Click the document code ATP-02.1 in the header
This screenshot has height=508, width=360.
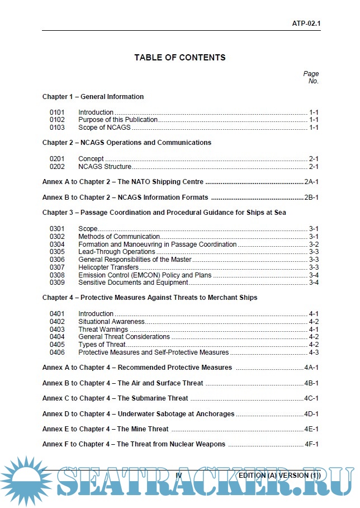click(x=306, y=24)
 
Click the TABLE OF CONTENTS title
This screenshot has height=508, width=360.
click(x=180, y=58)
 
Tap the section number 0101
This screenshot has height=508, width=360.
click(x=57, y=112)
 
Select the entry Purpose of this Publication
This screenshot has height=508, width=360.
click(x=118, y=120)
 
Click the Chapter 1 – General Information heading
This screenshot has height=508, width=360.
click(x=93, y=97)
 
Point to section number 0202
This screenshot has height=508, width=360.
click(x=57, y=167)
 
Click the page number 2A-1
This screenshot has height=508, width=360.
click(x=311, y=182)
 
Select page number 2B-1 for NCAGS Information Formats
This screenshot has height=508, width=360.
click(x=311, y=197)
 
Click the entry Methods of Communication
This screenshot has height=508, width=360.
click(x=120, y=237)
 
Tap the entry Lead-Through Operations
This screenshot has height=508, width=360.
click(x=109, y=252)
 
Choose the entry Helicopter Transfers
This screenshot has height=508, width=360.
click(x=104, y=267)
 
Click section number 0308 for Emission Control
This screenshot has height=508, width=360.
click(x=57, y=275)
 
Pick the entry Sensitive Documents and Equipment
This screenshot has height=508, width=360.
click(x=133, y=283)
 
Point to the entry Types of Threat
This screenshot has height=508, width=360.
click(x=102, y=345)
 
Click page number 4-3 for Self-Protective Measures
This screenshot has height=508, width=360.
click(x=314, y=352)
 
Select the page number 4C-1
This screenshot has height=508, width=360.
click(x=311, y=398)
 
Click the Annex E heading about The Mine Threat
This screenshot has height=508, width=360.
click(x=106, y=429)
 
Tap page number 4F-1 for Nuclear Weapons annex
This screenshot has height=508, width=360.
click(x=311, y=444)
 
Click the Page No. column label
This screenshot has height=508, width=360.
click(x=311, y=77)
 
